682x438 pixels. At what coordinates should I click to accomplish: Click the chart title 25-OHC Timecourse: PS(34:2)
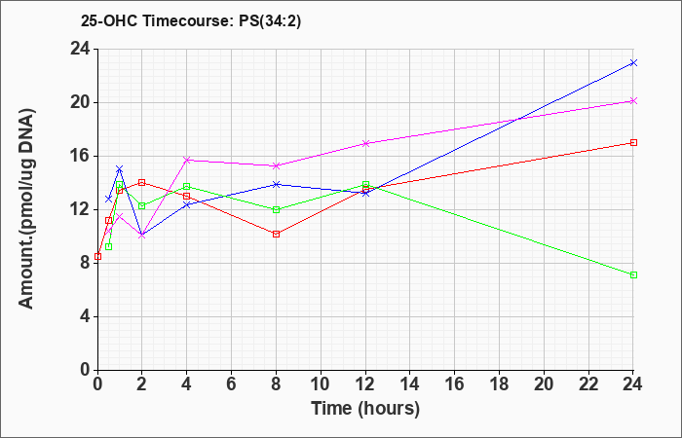pyautogui.click(x=191, y=20)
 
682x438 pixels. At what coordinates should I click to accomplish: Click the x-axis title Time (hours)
pyautogui.click(x=365, y=409)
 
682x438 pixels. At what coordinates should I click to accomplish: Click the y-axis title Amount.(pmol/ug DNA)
pyautogui.click(x=27, y=209)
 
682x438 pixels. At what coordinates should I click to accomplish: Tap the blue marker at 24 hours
pyautogui.click(x=633, y=63)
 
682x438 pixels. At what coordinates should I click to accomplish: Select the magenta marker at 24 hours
pyautogui.click(x=633, y=101)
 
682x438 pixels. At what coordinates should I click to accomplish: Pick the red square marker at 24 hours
pyautogui.click(x=633, y=142)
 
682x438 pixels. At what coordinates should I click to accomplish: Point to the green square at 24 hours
pyautogui.click(x=633, y=274)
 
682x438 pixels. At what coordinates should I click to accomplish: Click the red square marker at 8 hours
pyautogui.click(x=276, y=234)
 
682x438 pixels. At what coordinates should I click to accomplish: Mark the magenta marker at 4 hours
pyautogui.click(x=187, y=160)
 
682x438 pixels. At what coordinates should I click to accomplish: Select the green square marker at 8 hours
pyautogui.click(x=276, y=209)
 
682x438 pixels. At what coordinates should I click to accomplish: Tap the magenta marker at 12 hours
pyautogui.click(x=365, y=143)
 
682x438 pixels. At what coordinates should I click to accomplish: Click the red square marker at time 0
pyautogui.click(x=97, y=256)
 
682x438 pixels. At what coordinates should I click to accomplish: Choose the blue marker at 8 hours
pyautogui.click(x=276, y=184)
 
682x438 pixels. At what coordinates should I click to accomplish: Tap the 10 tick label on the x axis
pyautogui.click(x=321, y=384)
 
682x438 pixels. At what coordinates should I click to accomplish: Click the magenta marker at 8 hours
pyautogui.click(x=276, y=165)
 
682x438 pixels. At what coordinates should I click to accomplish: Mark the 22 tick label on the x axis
pyautogui.click(x=588, y=384)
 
